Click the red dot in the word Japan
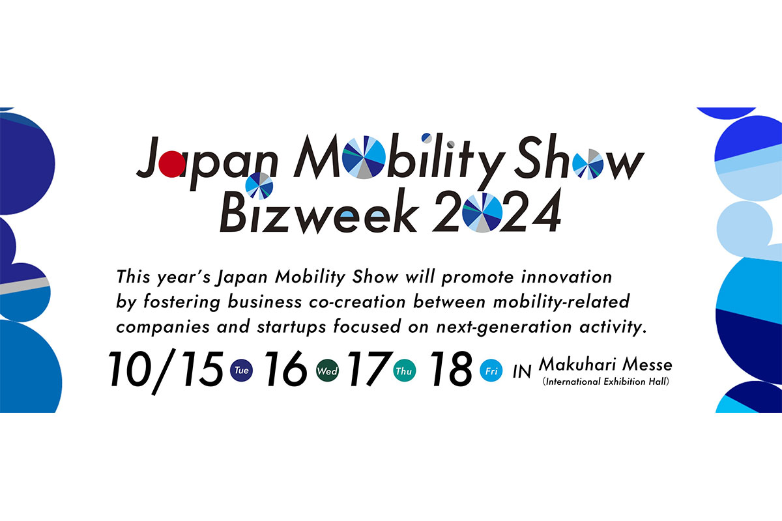pos(172,163)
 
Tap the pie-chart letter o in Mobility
pos(364,158)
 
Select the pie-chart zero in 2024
pos(482,212)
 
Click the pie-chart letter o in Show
pos(588,164)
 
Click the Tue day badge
pos(241,371)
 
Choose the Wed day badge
pos(327,371)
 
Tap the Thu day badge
pos(404,371)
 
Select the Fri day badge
pos(491,371)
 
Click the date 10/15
pos(166,371)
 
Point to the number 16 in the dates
pos(286,369)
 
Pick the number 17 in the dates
pos(368,369)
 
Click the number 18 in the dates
pos(451,369)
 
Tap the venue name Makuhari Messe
pos(605,364)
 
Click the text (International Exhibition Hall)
pos(605,382)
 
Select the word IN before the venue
pos(522,371)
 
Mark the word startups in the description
pos(291,328)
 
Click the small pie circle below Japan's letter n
pos(259,186)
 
